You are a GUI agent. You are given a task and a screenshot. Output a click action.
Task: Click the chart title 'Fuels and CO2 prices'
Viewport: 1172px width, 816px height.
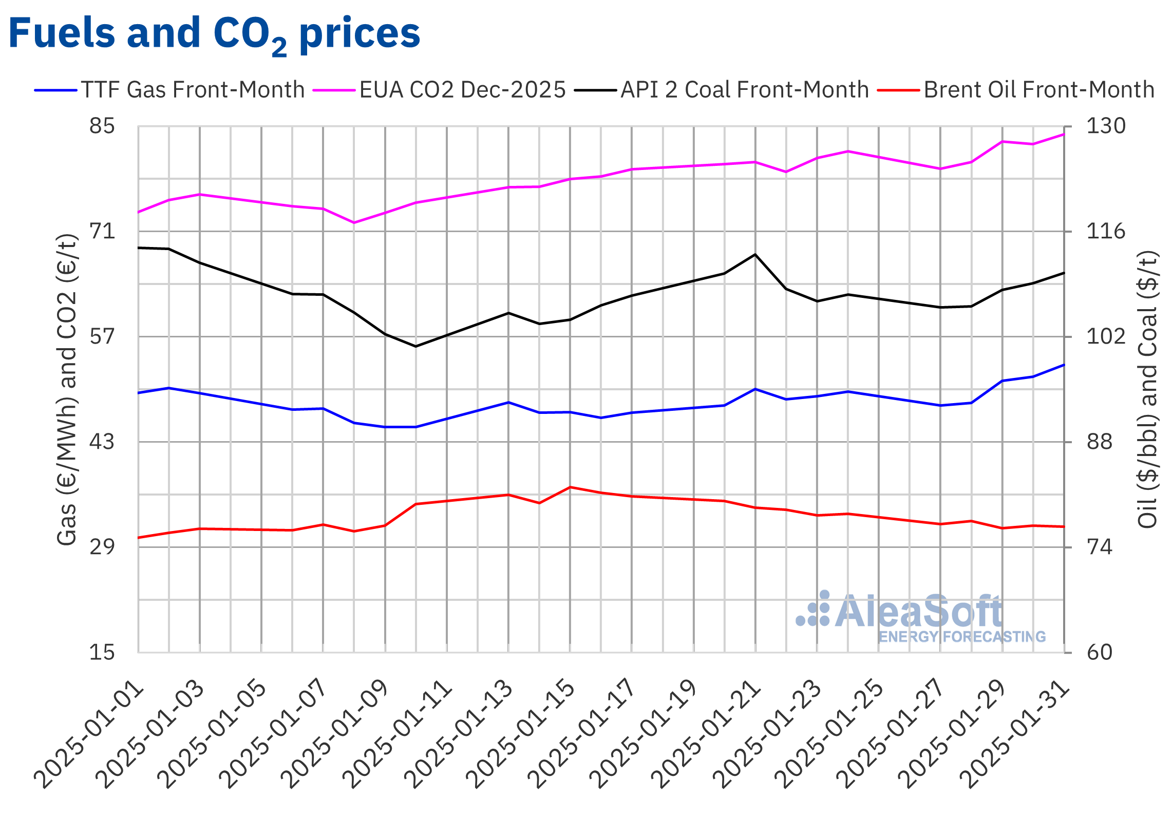pyautogui.click(x=214, y=33)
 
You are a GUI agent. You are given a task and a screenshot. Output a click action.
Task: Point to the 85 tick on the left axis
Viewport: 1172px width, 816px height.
pyautogui.click(x=102, y=126)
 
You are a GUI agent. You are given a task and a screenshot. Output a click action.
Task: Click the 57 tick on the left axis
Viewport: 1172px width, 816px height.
pyautogui.click(x=102, y=336)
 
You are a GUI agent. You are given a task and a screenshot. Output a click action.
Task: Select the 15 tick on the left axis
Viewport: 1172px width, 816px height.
pyautogui.click(x=102, y=652)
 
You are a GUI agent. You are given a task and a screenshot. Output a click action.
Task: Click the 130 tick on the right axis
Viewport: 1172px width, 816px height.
pyautogui.click(x=1105, y=126)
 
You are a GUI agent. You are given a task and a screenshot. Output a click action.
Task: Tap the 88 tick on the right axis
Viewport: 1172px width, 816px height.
pyautogui.click(x=1099, y=442)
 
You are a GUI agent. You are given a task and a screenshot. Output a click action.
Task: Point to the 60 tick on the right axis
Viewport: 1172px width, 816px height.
pyautogui.click(x=1099, y=652)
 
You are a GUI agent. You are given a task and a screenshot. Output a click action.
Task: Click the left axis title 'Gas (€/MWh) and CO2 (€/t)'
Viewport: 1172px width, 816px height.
pyautogui.click(x=67, y=389)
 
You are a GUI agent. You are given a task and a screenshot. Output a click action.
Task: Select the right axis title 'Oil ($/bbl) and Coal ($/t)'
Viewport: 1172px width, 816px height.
pyautogui.click(x=1148, y=389)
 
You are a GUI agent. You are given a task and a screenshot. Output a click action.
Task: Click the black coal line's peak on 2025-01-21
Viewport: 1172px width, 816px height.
pyautogui.click(x=755, y=255)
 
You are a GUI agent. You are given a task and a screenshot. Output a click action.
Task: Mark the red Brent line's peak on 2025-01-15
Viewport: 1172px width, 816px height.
pyautogui.click(x=570, y=487)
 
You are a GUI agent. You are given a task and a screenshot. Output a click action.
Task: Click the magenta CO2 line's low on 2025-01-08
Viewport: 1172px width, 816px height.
pyautogui.click(x=354, y=222)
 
